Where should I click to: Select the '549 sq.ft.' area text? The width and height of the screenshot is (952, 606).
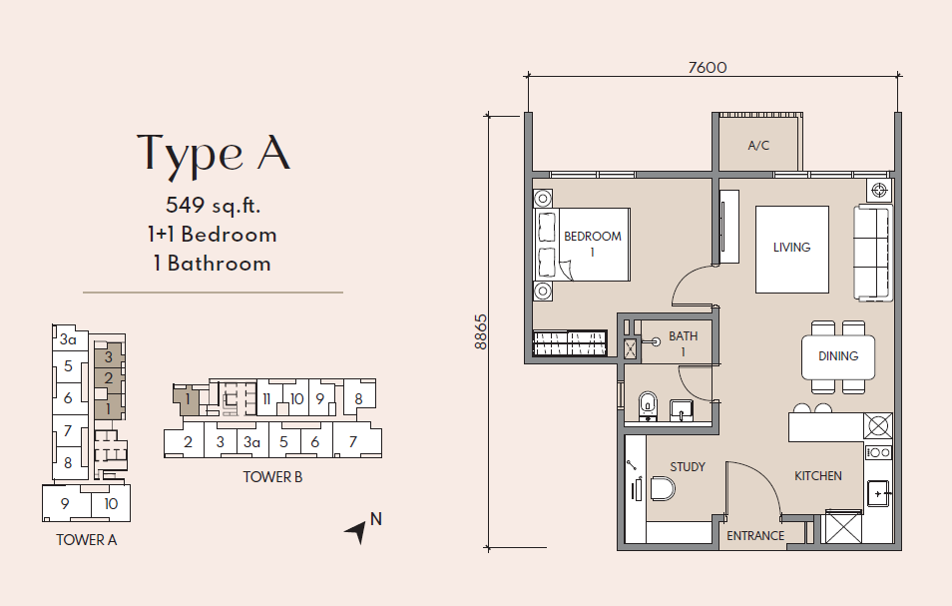click(x=214, y=206)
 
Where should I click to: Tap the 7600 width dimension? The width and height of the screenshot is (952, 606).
click(x=708, y=67)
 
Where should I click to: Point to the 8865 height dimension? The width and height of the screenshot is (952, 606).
click(x=480, y=331)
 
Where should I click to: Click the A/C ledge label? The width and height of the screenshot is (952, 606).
click(x=758, y=145)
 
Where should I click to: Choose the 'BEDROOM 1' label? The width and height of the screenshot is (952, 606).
click(x=593, y=243)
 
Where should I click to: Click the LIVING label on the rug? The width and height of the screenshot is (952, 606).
click(x=791, y=248)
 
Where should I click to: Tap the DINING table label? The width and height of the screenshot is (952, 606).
click(x=838, y=355)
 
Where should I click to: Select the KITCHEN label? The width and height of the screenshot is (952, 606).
click(x=818, y=476)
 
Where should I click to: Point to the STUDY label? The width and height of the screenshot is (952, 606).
click(x=688, y=467)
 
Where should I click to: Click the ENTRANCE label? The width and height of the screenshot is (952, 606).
click(x=755, y=535)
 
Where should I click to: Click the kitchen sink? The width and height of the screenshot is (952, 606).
click(x=878, y=493)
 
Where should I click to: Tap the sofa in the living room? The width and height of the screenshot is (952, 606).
click(x=874, y=254)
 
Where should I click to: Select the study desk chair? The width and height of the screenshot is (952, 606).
click(x=663, y=489)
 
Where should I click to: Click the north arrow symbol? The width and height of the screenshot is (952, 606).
click(x=356, y=531)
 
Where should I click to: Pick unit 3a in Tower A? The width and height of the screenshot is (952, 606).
click(x=68, y=339)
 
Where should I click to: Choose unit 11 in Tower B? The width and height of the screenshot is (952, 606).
click(x=266, y=399)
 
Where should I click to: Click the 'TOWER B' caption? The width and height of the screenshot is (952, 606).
click(x=272, y=477)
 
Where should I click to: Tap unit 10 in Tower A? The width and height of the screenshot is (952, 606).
click(x=111, y=503)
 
